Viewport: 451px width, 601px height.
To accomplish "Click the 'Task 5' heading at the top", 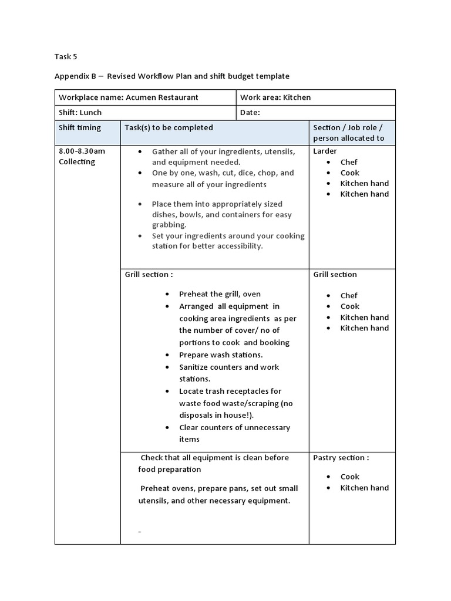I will tap(65, 57).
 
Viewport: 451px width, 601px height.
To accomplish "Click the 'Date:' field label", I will tap(250, 113).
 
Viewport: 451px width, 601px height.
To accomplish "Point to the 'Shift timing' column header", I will tap(80, 128).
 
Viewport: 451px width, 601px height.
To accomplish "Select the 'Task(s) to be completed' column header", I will tap(169, 128).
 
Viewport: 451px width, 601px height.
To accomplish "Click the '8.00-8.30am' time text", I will tap(82, 151).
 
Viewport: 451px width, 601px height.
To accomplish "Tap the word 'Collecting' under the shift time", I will tap(77, 162).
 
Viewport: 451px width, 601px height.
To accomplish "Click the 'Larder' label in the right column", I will tap(325, 151).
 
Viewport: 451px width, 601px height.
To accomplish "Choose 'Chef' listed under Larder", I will tap(349, 162).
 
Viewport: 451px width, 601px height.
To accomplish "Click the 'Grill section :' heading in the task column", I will tap(149, 275).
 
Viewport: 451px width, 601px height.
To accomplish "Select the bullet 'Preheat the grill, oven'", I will tap(220, 294).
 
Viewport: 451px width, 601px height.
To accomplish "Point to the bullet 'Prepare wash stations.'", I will tap(221, 355).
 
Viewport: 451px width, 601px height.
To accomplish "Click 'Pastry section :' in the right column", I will tap(341, 458).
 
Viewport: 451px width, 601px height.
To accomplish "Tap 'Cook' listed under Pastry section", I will tap(350, 477).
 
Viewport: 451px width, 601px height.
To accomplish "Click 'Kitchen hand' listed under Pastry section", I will tap(364, 488).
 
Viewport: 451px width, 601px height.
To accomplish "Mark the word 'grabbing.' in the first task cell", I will tap(169, 225).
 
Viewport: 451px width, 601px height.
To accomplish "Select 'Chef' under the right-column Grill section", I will tap(349, 296).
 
